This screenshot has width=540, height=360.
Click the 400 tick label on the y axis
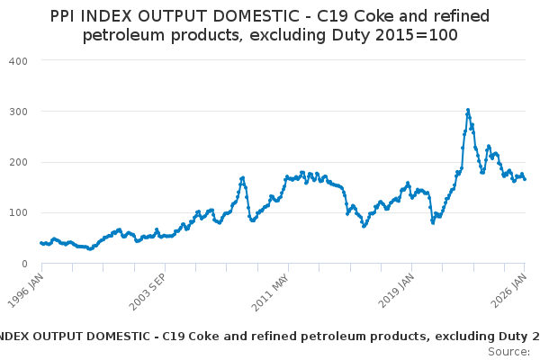pyautogui.click(x=19, y=60)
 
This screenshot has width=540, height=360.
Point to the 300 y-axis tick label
pyautogui.click(x=19, y=112)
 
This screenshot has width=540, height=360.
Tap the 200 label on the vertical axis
pyautogui.click(x=19, y=162)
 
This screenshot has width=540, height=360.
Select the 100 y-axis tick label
pyautogui.click(x=19, y=213)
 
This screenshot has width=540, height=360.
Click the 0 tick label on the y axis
pyautogui.click(x=24, y=264)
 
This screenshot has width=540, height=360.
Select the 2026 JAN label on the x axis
pyautogui.click(x=513, y=289)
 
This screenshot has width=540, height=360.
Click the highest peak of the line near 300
pyautogui.click(x=468, y=111)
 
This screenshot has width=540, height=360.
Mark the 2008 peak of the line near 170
pyautogui.click(x=243, y=177)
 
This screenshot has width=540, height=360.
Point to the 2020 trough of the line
pyautogui.click(x=433, y=222)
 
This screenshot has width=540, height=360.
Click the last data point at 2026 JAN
pyautogui.click(x=526, y=179)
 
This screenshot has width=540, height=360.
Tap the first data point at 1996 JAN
pyautogui.click(x=40, y=243)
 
